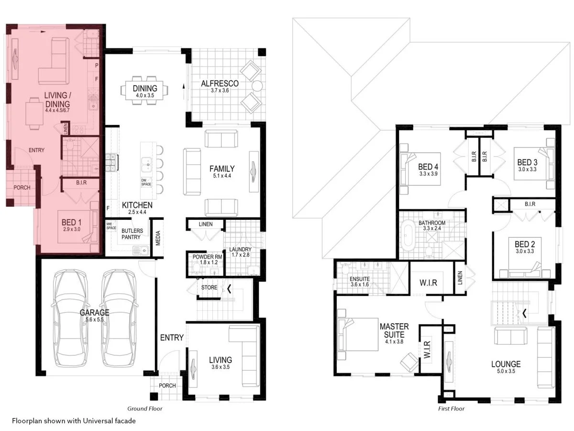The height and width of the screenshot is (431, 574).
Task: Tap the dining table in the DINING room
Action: coord(145,89)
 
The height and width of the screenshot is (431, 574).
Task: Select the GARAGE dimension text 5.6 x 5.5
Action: coord(95,319)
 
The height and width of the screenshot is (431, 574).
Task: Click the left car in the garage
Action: coord(69,318)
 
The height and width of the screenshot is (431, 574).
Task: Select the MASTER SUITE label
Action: coord(394,330)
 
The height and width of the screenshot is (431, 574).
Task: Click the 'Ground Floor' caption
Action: coord(145,408)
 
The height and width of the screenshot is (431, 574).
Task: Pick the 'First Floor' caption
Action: coord(451,408)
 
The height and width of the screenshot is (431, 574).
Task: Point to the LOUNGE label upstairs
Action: coord(506,364)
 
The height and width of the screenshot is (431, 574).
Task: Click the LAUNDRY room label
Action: coord(240,250)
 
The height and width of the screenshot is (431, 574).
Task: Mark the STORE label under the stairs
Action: coord(209,288)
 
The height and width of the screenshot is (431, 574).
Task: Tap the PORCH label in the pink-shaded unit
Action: coord(21,187)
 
